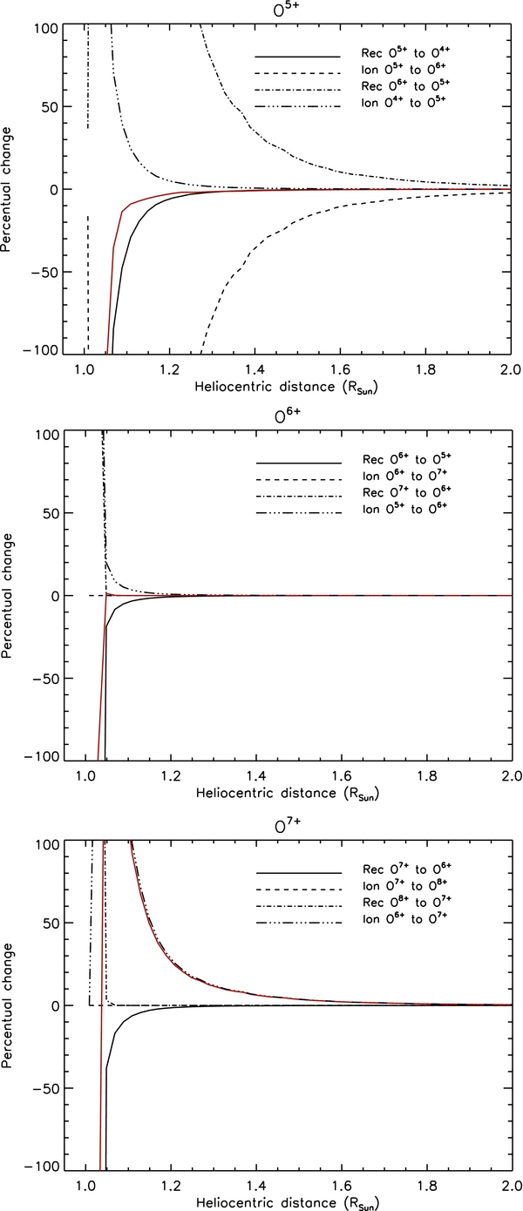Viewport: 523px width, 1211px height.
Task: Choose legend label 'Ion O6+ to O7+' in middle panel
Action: (x=401, y=478)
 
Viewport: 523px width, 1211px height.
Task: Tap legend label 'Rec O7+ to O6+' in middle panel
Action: (x=401, y=496)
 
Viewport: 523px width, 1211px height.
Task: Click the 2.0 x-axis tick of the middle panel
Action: (x=511, y=776)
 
